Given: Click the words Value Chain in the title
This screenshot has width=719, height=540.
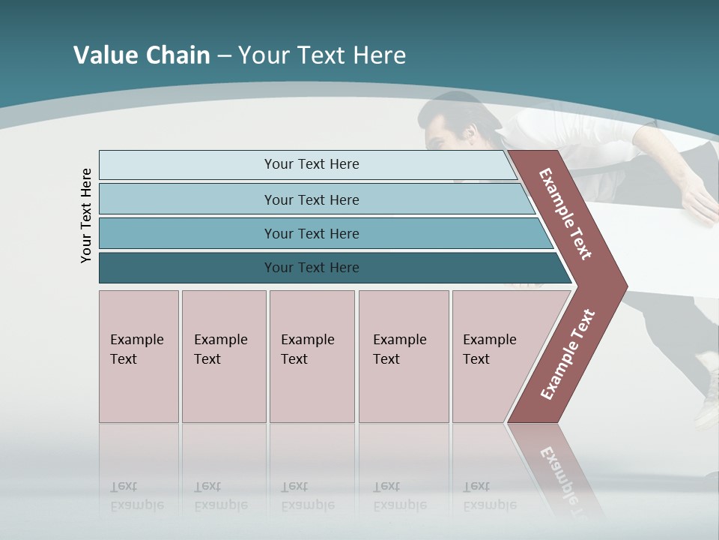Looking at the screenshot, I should coord(142,55).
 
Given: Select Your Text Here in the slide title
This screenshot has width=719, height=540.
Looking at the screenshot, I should coord(322,55).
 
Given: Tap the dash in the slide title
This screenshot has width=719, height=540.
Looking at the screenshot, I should coord(224,56).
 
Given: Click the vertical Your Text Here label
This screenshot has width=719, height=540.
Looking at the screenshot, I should coord(86,215).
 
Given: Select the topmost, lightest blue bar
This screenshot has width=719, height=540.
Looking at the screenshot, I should coord(311,164).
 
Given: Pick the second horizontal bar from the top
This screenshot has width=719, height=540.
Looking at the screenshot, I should coord(311,199).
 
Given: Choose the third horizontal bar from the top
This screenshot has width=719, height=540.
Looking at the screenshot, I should coord(311,233).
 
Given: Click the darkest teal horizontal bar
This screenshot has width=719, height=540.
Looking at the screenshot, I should coord(311,268).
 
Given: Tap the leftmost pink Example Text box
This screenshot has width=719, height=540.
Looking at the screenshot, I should coord(139,356).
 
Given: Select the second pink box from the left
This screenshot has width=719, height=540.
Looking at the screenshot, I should coord(223,356).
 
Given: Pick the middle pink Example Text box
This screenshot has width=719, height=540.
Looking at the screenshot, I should coord(312,356).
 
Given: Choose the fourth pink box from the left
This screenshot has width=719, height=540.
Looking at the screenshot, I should coord(404,356).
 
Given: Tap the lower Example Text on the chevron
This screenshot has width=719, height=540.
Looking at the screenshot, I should coord(568,354).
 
